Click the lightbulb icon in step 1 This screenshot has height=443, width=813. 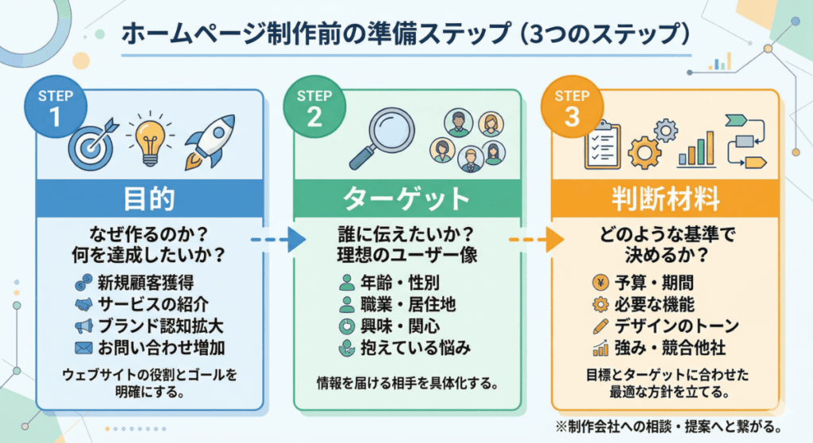click(148, 137)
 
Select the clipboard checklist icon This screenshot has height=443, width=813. click(601, 144)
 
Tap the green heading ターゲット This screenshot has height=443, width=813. click(407, 198)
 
